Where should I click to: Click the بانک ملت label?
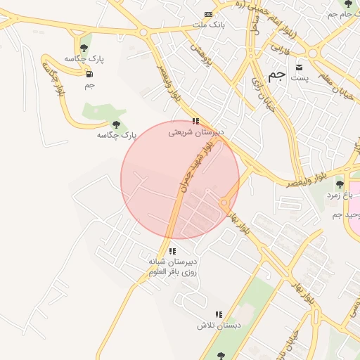click(208, 24)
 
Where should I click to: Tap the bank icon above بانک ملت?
click(208, 14)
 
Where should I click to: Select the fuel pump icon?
click(89, 74)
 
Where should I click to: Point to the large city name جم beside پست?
click(278, 75)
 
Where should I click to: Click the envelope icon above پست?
click(300, 67)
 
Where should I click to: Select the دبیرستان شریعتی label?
click(195, 131)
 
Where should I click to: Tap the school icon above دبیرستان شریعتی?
click(195, 121)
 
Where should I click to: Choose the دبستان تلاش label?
click(219, 326)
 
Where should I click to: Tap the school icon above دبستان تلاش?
click(219, 315)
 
